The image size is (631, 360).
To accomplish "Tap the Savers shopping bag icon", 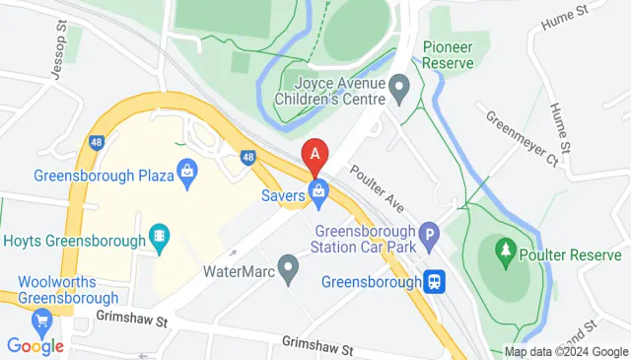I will point(318,195).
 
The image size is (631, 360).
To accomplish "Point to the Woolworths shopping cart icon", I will point(41,321).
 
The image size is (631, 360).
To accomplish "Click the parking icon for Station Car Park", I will point(428,236).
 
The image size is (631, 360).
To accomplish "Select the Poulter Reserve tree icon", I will point(505,252).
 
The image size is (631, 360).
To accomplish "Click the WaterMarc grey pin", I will point(288,266).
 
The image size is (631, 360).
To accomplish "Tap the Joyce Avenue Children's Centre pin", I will point(399,91).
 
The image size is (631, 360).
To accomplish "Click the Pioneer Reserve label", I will point(449,55).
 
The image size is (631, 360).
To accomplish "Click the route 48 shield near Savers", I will point(248,156).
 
